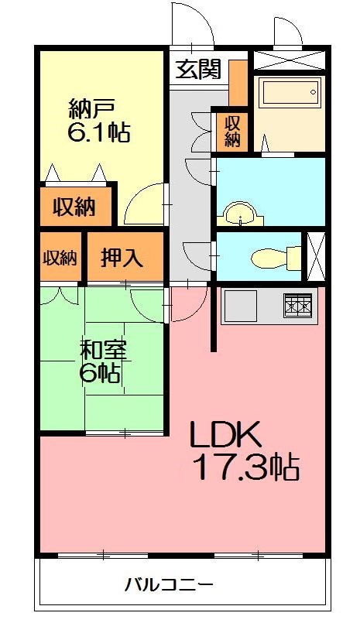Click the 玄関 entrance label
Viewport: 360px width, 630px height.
click(197, 70)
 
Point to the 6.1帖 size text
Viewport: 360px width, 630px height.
click(98, 132)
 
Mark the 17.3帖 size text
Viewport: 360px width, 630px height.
click(246, 468)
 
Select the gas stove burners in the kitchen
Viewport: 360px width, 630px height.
click(297, 306)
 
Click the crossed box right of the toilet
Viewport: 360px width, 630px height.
click(317, 255)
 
